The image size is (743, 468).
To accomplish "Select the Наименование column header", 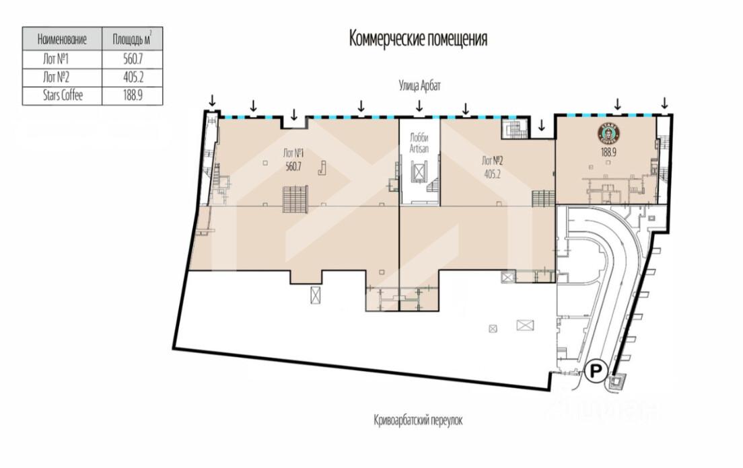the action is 62,39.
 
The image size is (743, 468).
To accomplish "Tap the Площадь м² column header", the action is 132,39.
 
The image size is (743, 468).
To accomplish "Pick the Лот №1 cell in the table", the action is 56,59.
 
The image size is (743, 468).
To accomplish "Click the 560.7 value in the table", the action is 133,59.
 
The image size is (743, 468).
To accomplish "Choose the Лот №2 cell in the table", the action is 56,77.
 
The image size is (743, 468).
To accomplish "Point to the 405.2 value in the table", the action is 133,77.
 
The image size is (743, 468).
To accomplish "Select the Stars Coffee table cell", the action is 63,95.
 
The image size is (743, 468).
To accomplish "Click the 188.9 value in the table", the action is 133,95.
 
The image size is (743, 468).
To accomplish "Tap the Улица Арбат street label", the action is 420,86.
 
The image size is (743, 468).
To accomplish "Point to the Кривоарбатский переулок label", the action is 418,420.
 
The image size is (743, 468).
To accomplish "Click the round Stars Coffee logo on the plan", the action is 607,133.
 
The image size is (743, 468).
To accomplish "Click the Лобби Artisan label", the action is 419,143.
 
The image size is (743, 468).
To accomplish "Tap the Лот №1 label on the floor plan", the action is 293,153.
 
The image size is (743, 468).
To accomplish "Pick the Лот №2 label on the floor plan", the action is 493,161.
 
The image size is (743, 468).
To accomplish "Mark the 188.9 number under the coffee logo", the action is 607,153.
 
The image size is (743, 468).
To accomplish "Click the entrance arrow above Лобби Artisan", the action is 419,106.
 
